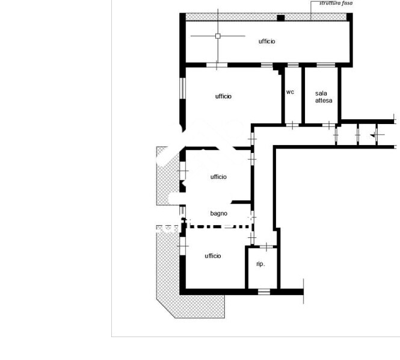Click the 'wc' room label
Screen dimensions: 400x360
290,92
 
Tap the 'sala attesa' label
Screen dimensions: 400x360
324,97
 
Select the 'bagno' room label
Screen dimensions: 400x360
218,214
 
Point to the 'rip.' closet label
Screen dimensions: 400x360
260,264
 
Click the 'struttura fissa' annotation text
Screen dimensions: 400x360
336,3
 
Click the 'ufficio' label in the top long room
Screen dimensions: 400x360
266,42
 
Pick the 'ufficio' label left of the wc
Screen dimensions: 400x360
223,96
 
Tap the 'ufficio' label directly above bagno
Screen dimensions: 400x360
218,176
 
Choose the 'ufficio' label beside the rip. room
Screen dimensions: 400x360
213,256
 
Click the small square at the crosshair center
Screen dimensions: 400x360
218,36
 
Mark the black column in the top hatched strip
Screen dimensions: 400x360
281,18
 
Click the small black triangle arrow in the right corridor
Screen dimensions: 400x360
373,135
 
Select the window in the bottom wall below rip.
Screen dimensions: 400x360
264,291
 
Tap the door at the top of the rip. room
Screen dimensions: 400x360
266,247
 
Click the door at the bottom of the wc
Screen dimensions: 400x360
292,125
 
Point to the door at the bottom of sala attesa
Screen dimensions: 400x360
329,125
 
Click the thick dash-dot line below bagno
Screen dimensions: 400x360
218,226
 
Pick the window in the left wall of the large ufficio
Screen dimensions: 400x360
182,88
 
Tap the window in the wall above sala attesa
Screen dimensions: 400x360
326,65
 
